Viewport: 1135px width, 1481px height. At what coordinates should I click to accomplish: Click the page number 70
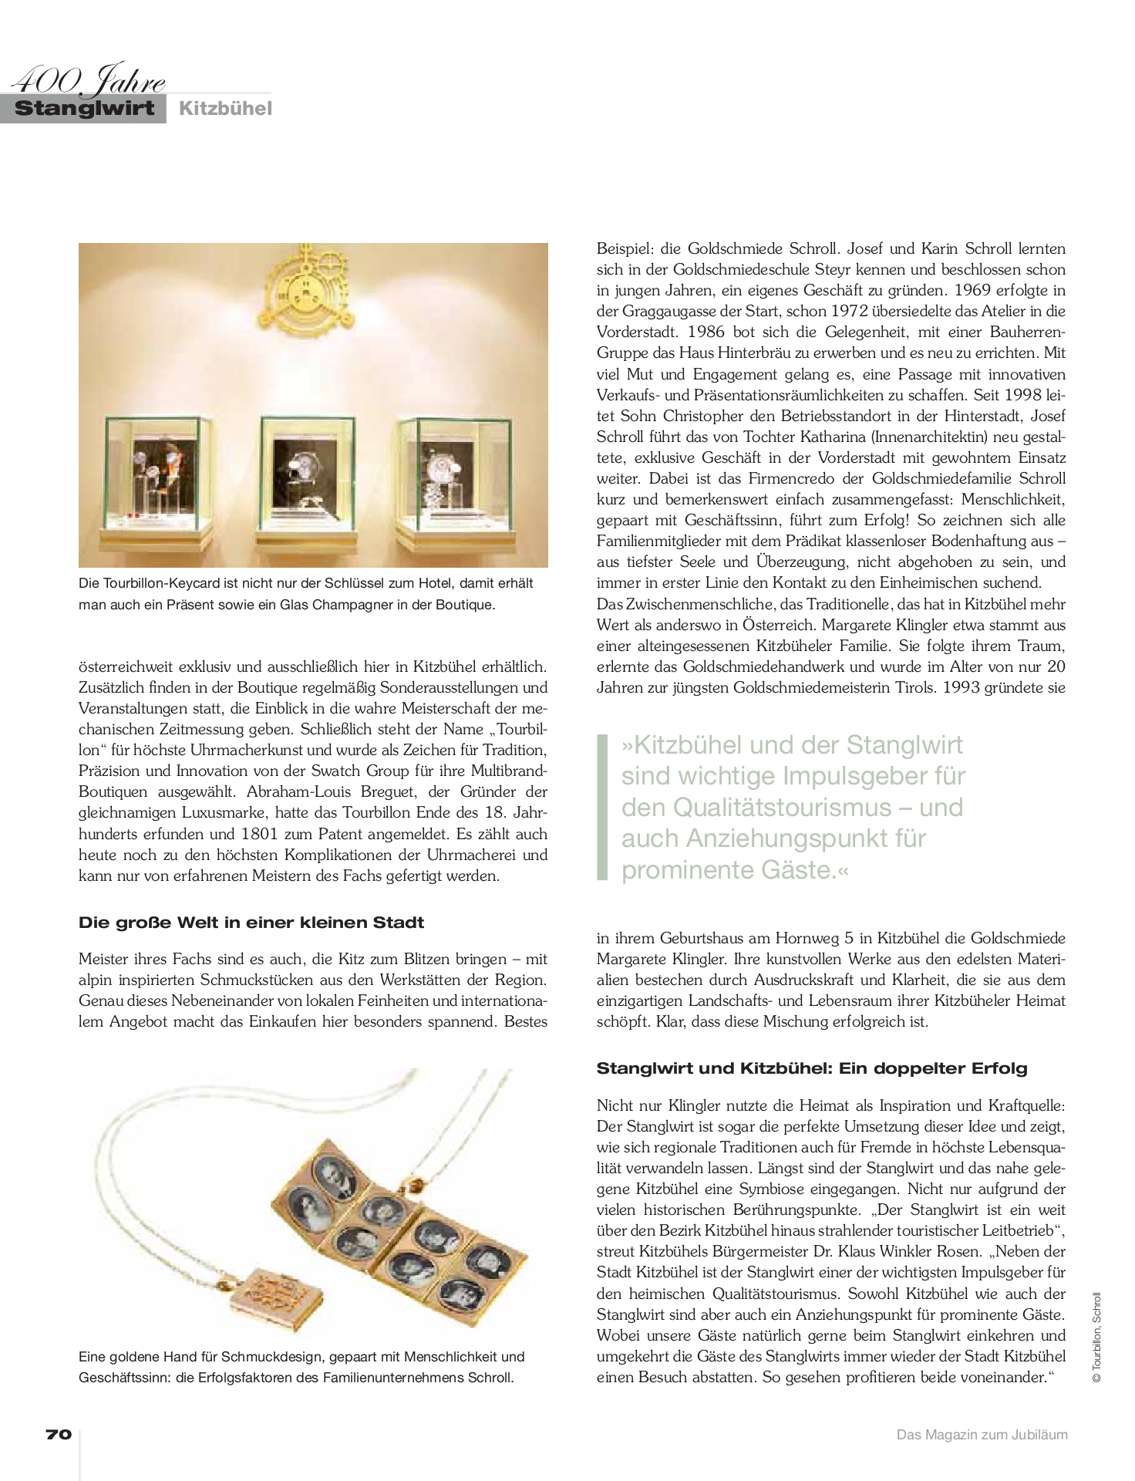[x=59, y=1434]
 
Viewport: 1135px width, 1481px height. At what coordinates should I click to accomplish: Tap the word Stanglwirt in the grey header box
[x=85, y=108]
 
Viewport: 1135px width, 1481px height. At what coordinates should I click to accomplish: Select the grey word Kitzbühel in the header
[x=225, y=109]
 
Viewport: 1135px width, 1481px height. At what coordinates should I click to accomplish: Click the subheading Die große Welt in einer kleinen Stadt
[x=251, y=922]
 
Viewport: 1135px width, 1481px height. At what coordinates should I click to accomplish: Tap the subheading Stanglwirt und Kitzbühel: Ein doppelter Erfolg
[x=812, y=1068]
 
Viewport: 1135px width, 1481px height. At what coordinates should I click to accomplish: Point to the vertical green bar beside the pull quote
[x=602, y=807]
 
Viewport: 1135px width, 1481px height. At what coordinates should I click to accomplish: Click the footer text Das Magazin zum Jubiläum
[x=982, y=1435]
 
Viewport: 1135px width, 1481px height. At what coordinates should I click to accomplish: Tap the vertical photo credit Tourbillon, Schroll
[x=1097, y=1341]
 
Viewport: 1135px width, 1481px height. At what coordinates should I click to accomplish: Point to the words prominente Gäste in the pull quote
[x=729, y=870]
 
